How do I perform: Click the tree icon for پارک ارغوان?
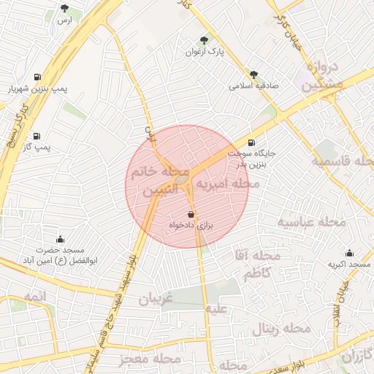[204, 41]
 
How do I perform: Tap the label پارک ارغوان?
[204, 53]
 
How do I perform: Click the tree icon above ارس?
[65, 9]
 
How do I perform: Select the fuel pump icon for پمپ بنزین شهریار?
[37, 77]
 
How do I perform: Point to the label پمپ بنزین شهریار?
[37, 88]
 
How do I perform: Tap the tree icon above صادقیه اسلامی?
[253, 74]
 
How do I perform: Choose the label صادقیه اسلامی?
[255, 85]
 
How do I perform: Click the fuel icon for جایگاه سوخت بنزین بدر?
[252, 142]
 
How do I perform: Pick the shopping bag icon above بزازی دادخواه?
[191, 214]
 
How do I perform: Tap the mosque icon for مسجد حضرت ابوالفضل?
[60, 239]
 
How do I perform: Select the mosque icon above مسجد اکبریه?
[349, 253]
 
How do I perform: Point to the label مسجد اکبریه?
[349, 264]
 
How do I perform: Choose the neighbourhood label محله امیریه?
[226, 186]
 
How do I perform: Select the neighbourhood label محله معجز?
[147, 359]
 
